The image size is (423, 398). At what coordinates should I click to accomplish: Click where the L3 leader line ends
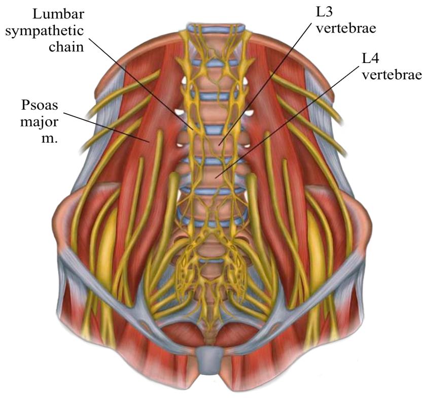coord(219,146)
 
